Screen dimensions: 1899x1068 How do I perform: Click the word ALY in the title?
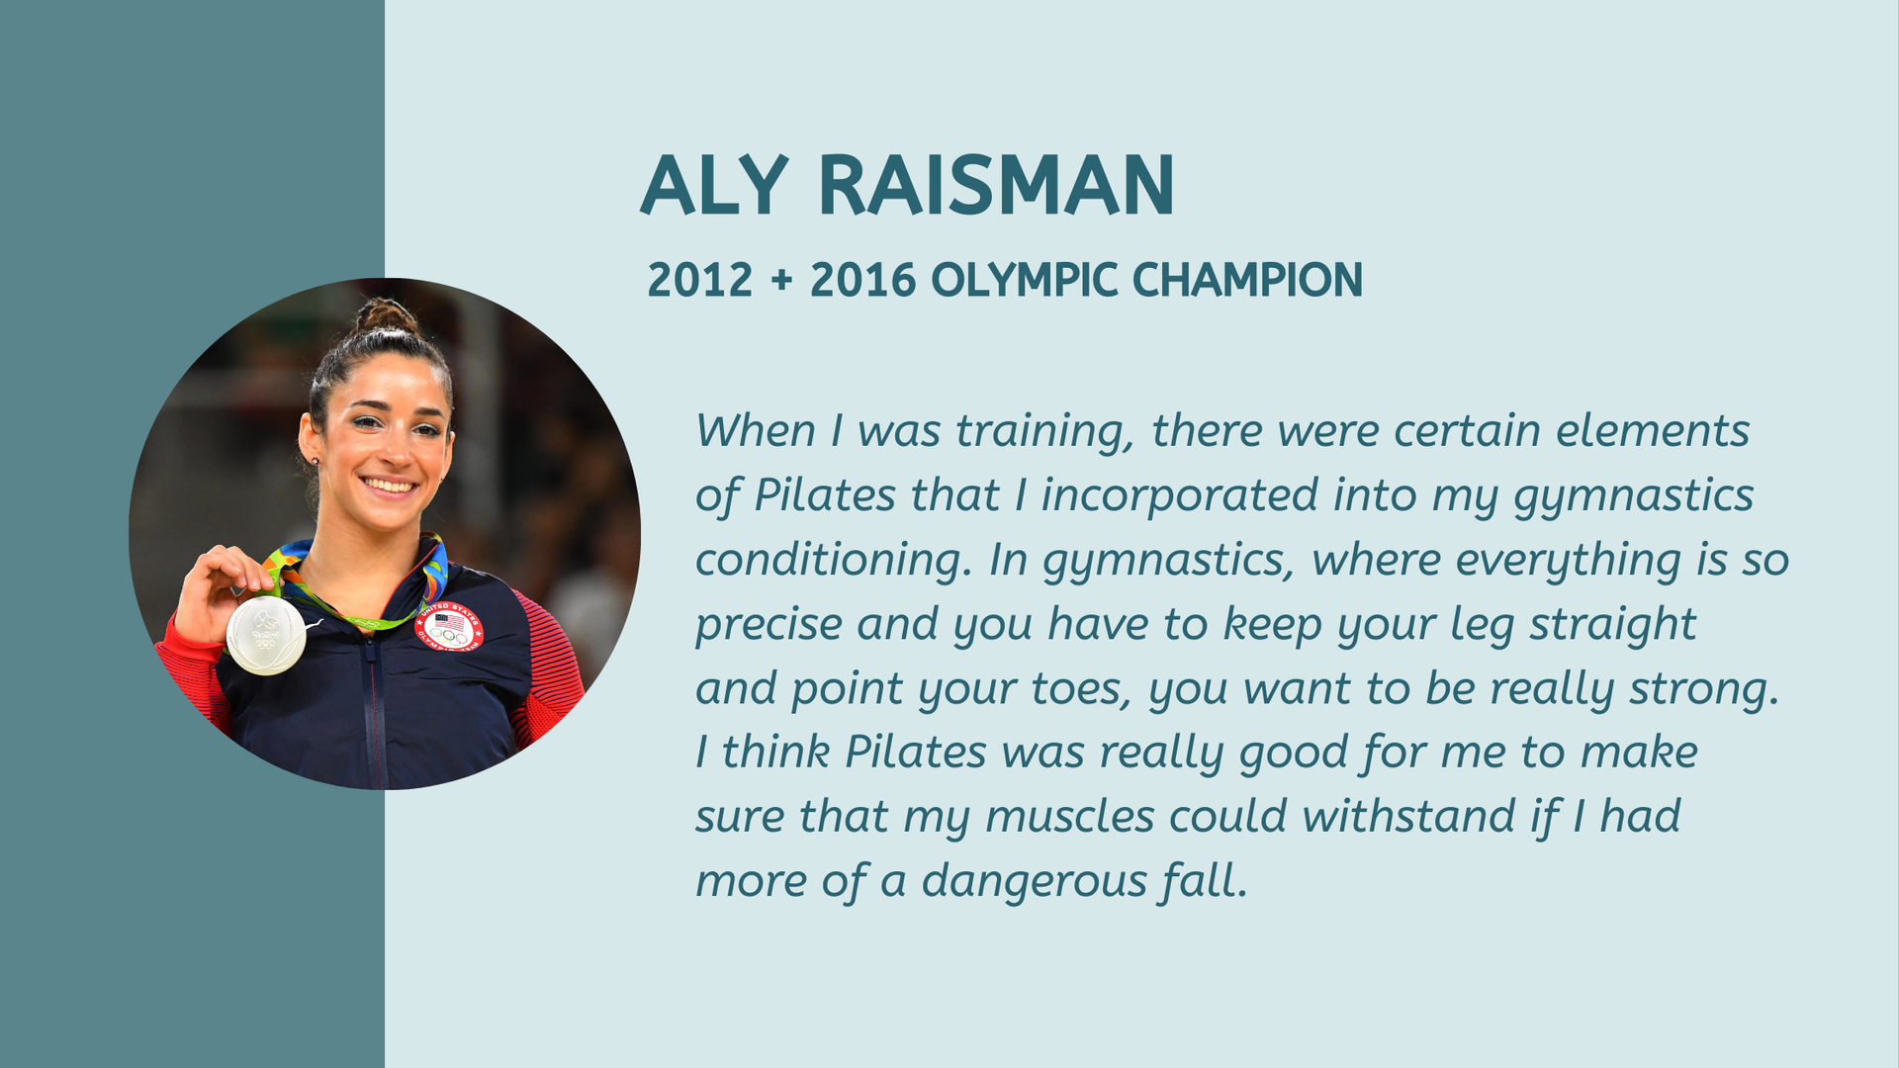point(714,185)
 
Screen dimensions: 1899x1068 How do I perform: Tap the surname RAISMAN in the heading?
point(997,185)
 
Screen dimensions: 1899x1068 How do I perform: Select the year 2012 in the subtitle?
point(700,281)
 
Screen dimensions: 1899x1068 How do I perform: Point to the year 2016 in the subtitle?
point(862,281)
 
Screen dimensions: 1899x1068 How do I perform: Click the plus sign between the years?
point(781,281)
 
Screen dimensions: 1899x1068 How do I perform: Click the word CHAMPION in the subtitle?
point(1248,281)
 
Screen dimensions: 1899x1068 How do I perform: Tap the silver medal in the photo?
point(266,635)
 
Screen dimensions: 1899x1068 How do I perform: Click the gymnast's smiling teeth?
point(389,486)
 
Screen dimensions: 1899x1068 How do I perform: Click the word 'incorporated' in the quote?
point(1180,495)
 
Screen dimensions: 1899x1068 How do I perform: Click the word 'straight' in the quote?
point(1613,625)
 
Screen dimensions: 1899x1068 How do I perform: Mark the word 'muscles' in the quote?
point(1070,817)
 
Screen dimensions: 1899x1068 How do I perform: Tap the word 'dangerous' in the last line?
point(1035,881)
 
